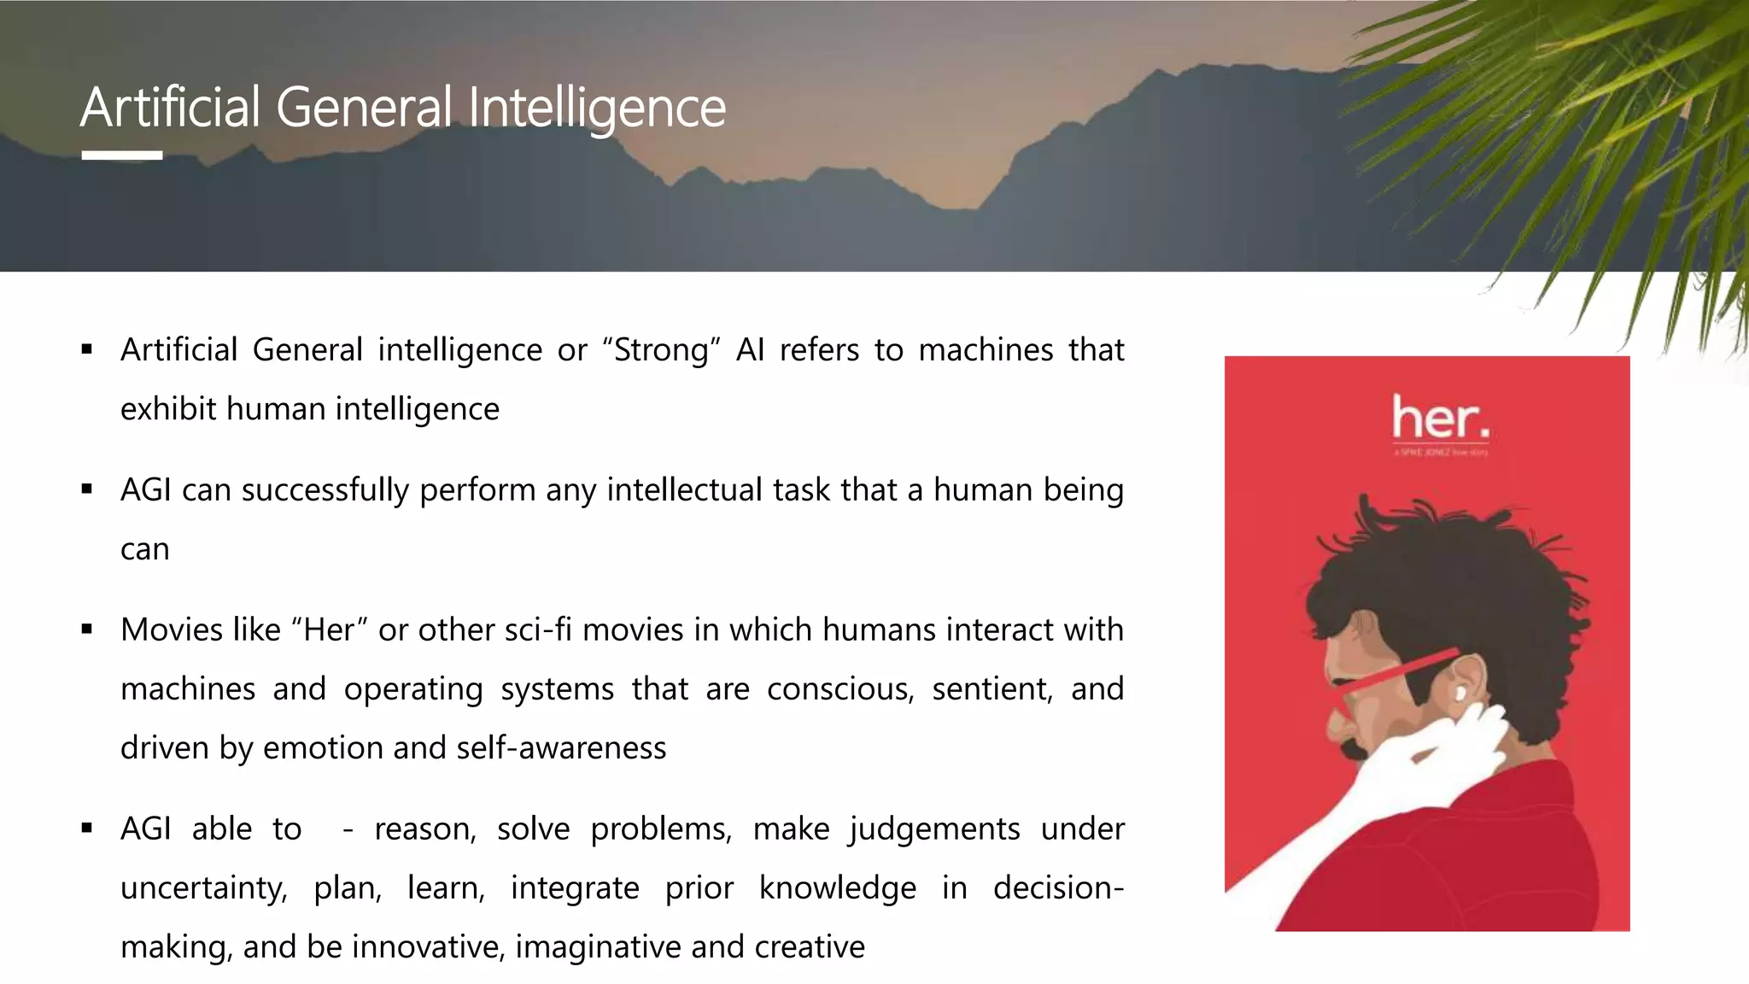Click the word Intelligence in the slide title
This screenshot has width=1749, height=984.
[597, 108]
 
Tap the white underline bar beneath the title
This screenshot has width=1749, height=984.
[122, 155]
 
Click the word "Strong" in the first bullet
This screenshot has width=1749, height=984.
[661, 350]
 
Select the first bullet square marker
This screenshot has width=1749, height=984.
[87, 348]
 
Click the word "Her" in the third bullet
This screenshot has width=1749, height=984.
[329, 630]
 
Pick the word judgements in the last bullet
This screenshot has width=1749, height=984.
[934, 829]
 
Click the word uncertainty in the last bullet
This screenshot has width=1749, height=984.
[203, 888]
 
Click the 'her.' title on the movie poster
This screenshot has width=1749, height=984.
[1440, 419]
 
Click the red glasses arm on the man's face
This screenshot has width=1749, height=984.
[1401, 671]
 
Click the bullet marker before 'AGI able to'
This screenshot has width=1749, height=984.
[87, 828]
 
